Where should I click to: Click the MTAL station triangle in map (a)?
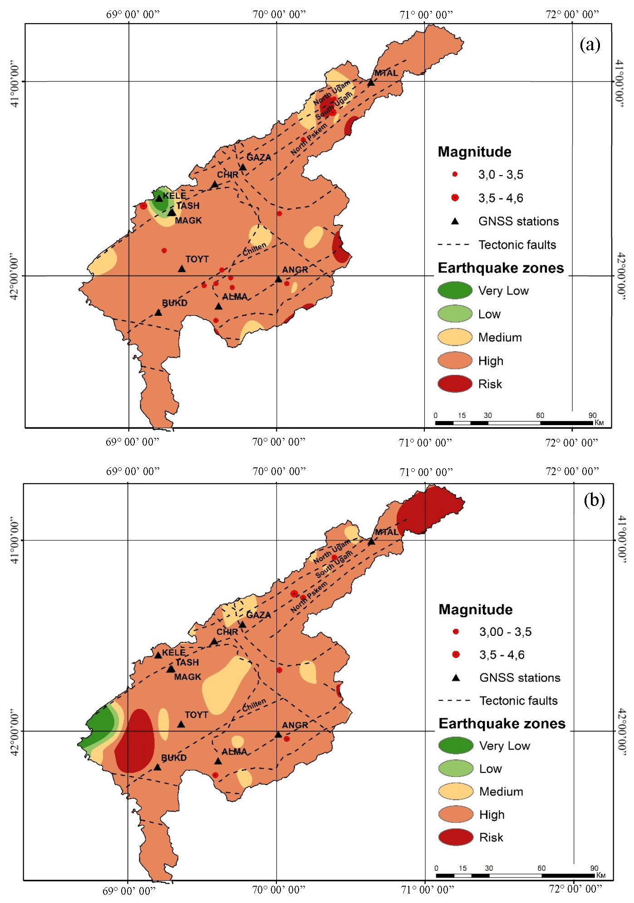pyautogui.click(x=371, y=83)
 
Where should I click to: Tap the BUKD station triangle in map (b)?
pyautogui.click(x=157, y=767)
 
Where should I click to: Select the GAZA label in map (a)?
pyautogui.click(x=259, y=157)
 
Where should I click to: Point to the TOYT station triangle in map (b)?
pyautogui.click(x=181, y=724)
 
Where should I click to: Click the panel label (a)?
pyautogui.click(x=590, y=45)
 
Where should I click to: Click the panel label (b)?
pyautogui.click(x=594, y=500)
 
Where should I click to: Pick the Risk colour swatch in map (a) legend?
pyautogui.click(x=455, y=384)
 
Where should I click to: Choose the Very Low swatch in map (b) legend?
pyautogui.click(x=456, y=746)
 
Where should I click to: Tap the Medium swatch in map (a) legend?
pyautogui.click(x=455, y=337)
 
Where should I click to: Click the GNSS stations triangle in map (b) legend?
pyautogui.click(x=456, y=678)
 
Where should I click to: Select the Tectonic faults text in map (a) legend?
pyautogui.click(x=517, y=245)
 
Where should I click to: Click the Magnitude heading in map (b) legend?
pyautogui.click(x=475, y=609)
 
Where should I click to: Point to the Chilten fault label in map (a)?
pyautogui.click(x=254, y=249)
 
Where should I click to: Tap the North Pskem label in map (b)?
pyautogui.click(x=309, y=597)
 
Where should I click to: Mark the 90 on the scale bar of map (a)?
pyautogui.click(x=592, y=415)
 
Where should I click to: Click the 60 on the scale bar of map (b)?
pyautogui.click(x=541, y=868)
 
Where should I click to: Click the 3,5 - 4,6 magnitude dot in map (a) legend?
pyautogui.click(x=455, y=197)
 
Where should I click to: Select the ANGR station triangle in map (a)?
pyautogui.click(x=278, y=280)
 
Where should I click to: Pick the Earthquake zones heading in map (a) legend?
pyautogui.click(x=501, y=268)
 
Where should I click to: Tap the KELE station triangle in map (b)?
pyautogui.click(x=158, y=655)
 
